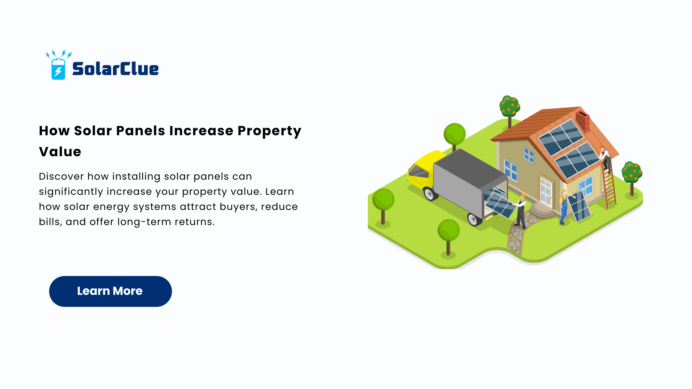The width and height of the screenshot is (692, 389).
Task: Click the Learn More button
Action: pos(110,291)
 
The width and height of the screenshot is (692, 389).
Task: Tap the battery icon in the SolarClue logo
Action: pos(58,69)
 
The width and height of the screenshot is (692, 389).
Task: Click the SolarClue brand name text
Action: pos(115,69)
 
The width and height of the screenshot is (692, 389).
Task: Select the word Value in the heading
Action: pos(60,152)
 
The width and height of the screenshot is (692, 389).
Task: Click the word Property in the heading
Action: pos(269,131)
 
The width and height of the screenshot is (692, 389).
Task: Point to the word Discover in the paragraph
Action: pos(61,176)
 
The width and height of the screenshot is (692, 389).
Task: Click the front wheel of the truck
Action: pos(429,194)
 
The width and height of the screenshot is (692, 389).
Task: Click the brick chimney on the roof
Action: pos(582,121)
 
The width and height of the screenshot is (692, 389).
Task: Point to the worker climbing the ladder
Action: pos(605,158)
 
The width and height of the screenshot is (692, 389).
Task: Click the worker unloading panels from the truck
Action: pos(521,211)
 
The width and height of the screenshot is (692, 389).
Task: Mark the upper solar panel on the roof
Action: pos(561,137)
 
